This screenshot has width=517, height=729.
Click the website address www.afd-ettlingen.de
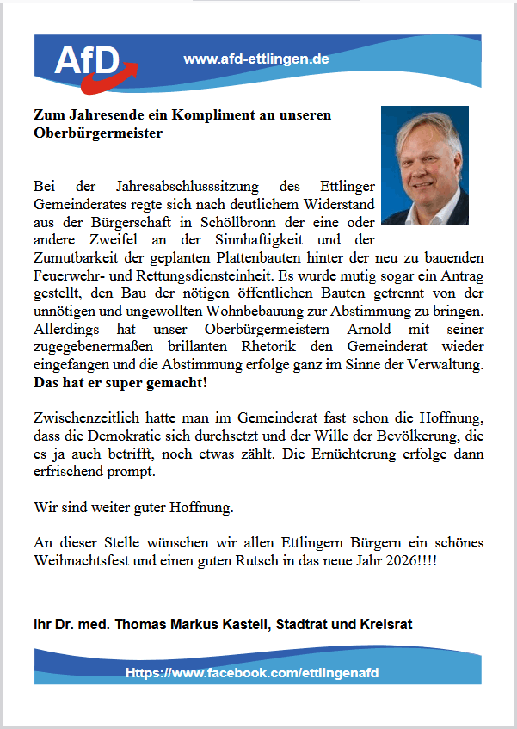pos(256,59)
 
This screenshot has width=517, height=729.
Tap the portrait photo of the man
pos(424,165)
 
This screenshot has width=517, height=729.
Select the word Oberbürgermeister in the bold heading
pos(97,133)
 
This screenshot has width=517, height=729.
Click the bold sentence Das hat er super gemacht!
pos(121,384)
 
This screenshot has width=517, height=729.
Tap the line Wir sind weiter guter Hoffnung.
pos(133,507)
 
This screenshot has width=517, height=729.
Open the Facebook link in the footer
pos(252,672)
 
